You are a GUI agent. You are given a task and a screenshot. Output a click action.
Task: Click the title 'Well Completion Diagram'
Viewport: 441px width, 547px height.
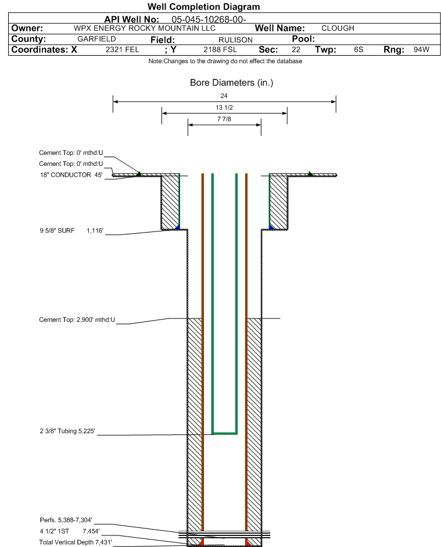204,6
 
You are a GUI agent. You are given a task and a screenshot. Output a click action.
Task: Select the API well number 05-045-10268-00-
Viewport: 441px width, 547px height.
209,20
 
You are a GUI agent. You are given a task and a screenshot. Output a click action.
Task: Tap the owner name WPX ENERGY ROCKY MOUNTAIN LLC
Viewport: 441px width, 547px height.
145,28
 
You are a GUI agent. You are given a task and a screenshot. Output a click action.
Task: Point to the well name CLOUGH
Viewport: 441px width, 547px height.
338,28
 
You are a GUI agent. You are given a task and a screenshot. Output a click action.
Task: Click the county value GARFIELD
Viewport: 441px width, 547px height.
96,39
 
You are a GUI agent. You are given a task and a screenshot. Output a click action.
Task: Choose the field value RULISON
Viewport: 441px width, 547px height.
235,40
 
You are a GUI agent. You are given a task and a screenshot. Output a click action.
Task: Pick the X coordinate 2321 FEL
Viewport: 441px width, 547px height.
122,49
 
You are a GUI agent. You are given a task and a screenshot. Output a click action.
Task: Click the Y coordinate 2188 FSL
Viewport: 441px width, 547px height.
220,49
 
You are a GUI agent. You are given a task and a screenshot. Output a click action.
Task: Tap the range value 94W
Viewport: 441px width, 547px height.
421,49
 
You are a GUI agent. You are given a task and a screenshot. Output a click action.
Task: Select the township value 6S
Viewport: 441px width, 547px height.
358,49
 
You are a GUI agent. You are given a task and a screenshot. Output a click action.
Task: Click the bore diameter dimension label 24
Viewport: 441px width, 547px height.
224,96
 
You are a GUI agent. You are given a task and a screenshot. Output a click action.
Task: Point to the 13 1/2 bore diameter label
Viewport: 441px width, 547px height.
224,107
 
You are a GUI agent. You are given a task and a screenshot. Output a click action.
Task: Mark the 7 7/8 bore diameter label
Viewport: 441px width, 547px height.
224,119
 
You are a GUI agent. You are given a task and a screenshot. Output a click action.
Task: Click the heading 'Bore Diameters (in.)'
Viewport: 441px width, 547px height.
232,83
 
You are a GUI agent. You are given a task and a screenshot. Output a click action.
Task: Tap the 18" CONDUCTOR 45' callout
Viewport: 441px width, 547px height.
71,175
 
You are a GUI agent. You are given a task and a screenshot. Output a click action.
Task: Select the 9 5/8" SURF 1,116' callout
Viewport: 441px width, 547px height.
71,231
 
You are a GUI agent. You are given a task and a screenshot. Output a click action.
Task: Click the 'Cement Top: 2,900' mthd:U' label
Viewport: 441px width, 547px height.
77,320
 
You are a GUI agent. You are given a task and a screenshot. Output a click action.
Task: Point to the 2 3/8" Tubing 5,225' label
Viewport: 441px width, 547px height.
67,431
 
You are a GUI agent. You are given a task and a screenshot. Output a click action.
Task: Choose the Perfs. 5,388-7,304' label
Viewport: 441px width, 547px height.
66,520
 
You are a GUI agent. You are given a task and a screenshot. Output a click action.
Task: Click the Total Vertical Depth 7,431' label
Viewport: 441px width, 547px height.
76,542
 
